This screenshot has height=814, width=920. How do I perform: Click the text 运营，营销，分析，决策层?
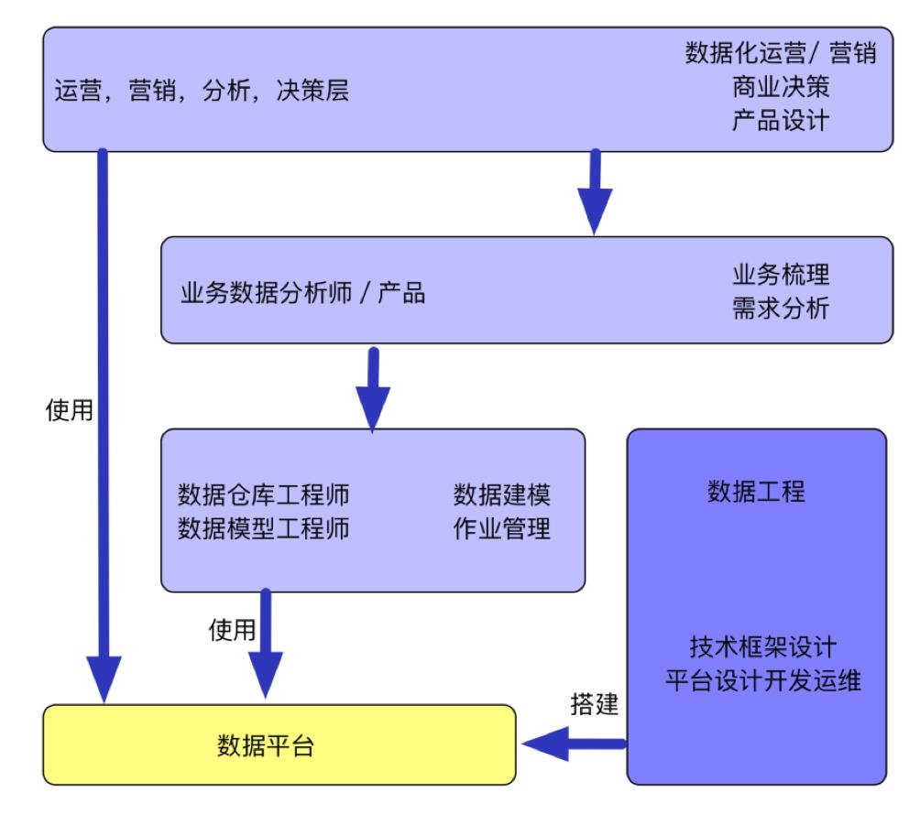pos(203,92)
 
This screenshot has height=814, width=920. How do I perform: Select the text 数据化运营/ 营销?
pos(781,54)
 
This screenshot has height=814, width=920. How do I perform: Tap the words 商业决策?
pos(781,87)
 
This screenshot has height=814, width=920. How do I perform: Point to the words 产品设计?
pos(781,120)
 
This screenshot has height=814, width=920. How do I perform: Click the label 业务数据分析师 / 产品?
pos(302,294)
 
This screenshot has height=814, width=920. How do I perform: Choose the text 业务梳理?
pos(780,275)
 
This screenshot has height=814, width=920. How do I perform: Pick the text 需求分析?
pos(780,309)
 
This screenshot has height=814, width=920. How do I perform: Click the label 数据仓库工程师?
pos(263,494)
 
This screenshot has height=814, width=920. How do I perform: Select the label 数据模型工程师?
pos(263,528)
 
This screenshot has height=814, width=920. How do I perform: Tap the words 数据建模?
pos(502,494)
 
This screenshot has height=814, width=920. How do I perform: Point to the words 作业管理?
pos(502,528)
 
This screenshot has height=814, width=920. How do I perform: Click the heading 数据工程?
pos(756,492)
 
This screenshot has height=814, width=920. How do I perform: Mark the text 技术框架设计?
pos(762,647)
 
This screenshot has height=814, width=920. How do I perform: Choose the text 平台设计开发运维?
pos(762,681)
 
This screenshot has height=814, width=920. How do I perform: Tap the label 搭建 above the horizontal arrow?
pos(595,705)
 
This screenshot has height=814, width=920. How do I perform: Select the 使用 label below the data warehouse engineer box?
pos(233,630)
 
